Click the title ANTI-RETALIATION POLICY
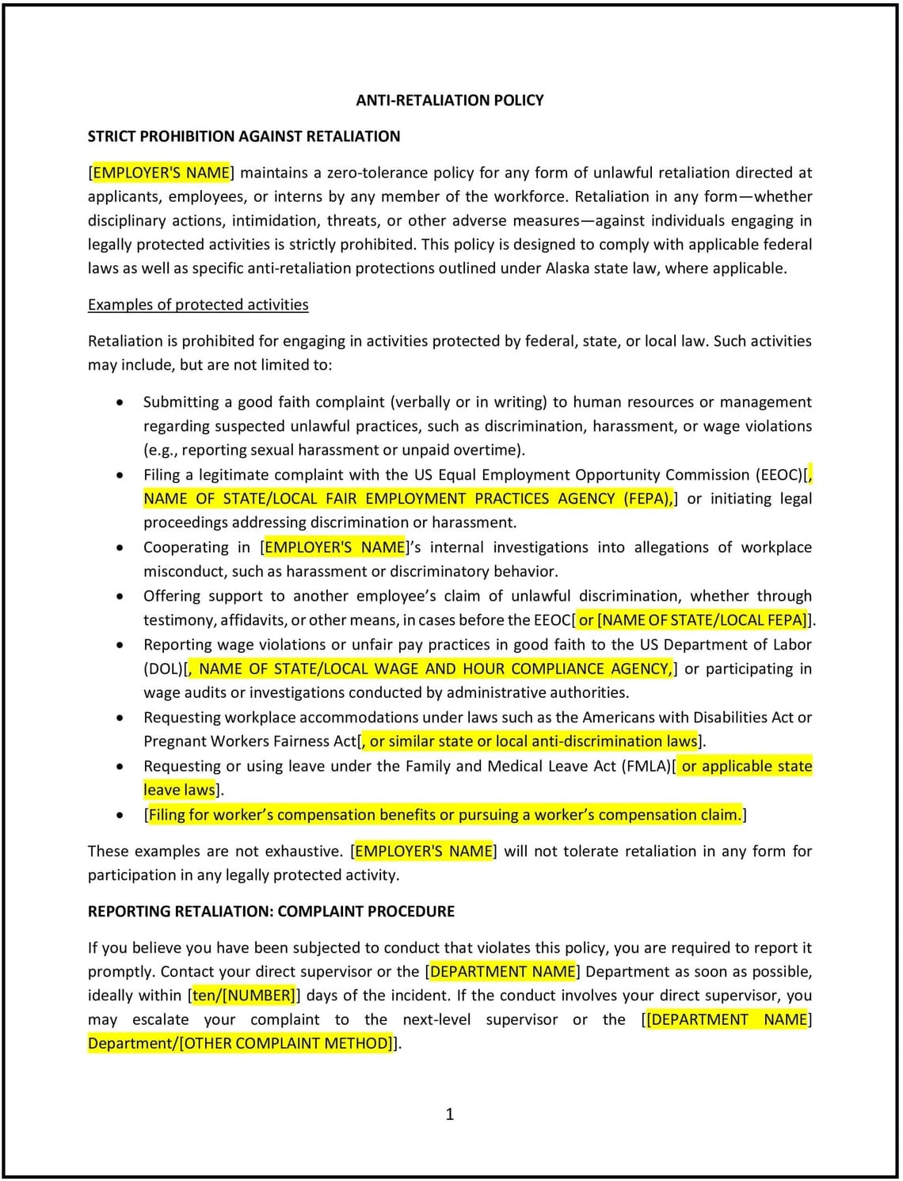(449, 101)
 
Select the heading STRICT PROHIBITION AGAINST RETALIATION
(243, 136)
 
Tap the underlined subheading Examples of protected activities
(198, 305)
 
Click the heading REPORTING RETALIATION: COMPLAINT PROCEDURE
(271, 912)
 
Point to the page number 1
(450, 1114)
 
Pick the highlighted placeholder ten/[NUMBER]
(243, 996)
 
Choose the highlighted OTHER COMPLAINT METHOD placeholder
(286, 1044)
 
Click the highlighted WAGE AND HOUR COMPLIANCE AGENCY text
(433, 669)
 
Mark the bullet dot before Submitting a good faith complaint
(120, 402)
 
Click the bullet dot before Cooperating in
(120, 547)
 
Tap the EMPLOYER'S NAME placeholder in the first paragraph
(162, 173)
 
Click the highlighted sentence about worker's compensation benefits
(445, 815)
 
